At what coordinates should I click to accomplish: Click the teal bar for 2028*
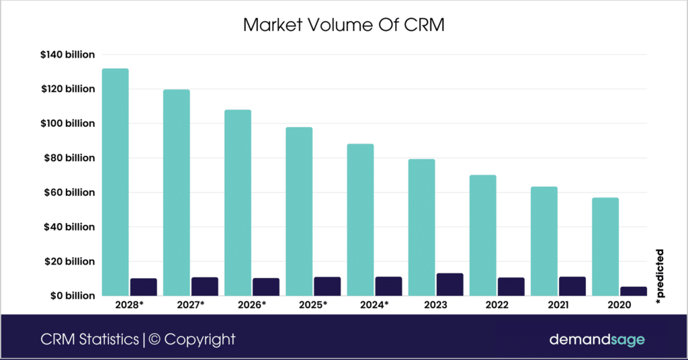tap(115, 181)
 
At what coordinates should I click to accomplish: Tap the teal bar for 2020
tap(605, 246)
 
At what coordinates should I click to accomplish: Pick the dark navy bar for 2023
tap(449, 284)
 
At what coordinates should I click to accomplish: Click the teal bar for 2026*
tap(237, 202)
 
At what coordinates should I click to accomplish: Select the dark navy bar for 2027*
tap(204, 286)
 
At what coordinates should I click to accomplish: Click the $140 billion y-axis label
tap(68, 54)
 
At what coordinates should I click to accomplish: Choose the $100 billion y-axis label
tap(68, 124)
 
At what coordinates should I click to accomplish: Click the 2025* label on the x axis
tap(313, 304)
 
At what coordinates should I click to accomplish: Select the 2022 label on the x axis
tap(497, 304)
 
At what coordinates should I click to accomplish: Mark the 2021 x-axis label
tap(558, 304)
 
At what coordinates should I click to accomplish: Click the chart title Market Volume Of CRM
tap(343, 26)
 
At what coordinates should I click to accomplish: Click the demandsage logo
tap(597, 339)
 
